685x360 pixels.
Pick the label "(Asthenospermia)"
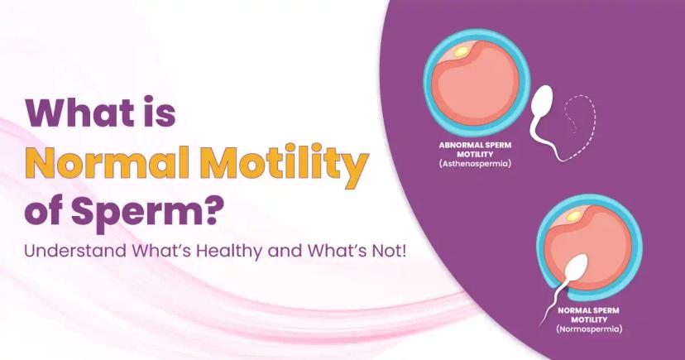(x=475, y=164)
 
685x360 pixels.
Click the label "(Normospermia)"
(x=589, y=329)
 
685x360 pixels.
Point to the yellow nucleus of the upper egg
(x=461, y=52)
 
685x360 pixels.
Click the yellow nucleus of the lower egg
(x=572, y=216)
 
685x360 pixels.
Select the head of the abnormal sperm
(x=544, y=98)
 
